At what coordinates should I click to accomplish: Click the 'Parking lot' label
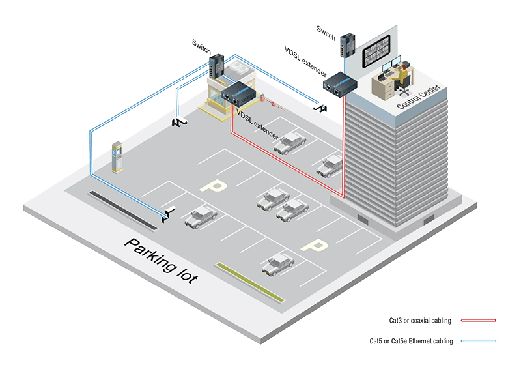[161, 260]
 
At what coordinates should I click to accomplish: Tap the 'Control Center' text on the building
[419, 96]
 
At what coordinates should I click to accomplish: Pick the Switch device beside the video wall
[348, 44]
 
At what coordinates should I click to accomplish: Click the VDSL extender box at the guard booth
[238, 94]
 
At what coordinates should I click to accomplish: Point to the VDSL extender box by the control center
[339, 85]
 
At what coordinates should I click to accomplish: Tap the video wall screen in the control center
[376, 51]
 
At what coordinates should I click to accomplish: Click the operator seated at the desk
[401, 76]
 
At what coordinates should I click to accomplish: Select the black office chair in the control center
[404, 87]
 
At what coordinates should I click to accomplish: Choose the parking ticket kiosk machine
[117, 157]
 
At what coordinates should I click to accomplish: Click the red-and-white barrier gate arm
[273, 104]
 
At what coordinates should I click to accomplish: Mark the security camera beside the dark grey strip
[169, 214]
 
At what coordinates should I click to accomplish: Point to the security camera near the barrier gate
[320, 108]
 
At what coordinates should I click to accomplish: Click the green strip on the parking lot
[250, 282]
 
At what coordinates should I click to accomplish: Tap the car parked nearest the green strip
[278, 265]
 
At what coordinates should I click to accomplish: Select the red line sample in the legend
[479, 321]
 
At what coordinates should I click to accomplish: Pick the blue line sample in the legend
[479, 341]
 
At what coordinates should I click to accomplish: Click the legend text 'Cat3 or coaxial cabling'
[420, 321]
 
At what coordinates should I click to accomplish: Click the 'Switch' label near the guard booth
[201, 46]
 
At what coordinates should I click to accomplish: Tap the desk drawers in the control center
[385, 87]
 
